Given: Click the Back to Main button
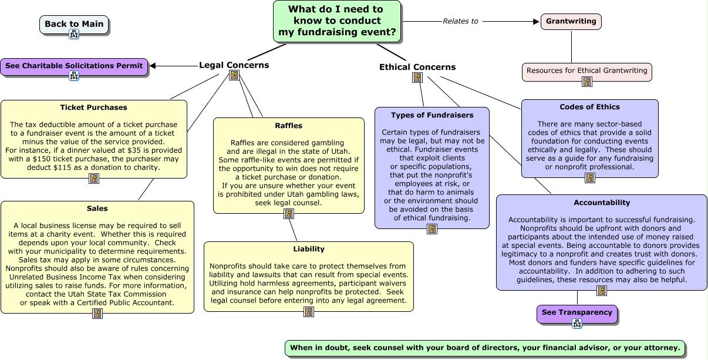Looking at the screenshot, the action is (x=74, y=24).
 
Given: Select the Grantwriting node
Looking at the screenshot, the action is (x=571, y=22).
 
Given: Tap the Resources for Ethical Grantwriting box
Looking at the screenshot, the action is (x=586, y=71).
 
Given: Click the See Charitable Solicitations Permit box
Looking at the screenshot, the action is (x=74, y=66).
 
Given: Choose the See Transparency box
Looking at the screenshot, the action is (x=577, y=314).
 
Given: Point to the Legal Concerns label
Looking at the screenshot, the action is (x=234, y=65).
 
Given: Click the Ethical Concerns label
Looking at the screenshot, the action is (x=417, y=67).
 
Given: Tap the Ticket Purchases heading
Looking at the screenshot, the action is (x=93, y=107).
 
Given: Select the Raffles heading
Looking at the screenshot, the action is (x=289, y=126).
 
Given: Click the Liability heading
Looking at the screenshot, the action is (x=309, y=249).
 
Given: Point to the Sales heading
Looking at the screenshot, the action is (x=97, y=208).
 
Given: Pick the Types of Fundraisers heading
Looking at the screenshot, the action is (x=432, y=115).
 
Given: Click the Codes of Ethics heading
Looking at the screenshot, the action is (x=590, y=107).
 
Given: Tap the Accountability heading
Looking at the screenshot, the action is (x=602, y=203).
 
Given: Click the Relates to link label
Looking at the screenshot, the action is (x=460, y=21).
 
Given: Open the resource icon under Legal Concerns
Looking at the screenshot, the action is (x=234, y=75).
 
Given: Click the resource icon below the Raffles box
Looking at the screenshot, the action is (x=289, y=214).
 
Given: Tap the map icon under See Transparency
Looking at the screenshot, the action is (x=577, y=324).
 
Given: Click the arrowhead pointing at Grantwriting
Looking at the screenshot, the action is (x=536, y=22).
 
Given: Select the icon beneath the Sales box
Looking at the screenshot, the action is (x=97, y=314).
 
